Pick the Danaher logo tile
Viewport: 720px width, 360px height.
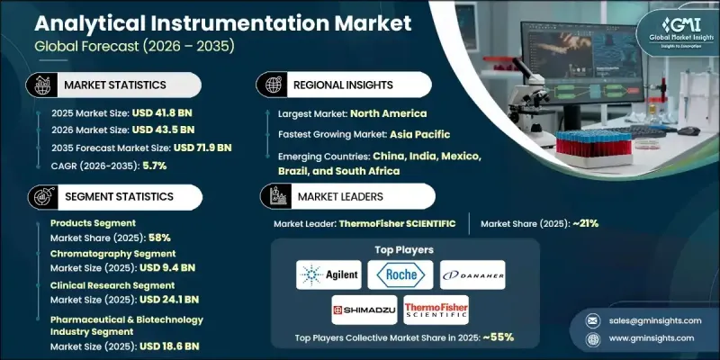click(472, 274)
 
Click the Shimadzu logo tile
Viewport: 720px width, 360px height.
click(365, 310)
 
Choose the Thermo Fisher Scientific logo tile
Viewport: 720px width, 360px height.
click(436, 310)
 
